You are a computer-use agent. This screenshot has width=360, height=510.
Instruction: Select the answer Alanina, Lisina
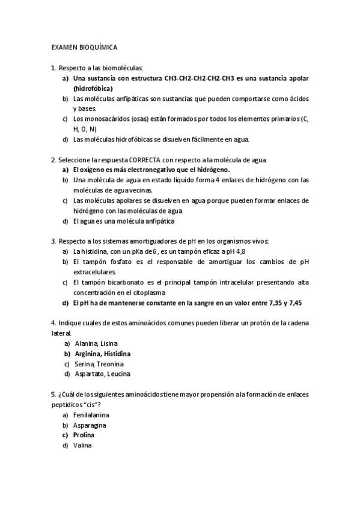coord(96,343)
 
